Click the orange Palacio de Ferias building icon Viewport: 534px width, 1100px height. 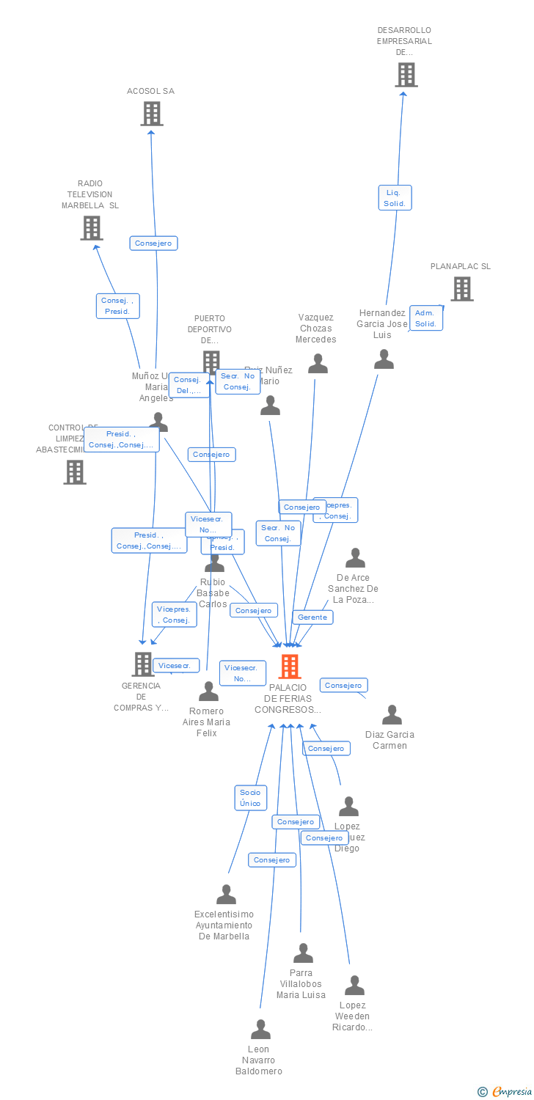[x=290, y=666]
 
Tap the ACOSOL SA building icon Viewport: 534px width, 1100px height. [x=151, y=114]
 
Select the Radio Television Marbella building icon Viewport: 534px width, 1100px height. [x=91, y=228]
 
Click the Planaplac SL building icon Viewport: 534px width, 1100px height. [x=461, y=289]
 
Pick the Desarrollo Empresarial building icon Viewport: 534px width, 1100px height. [x=406, y=75]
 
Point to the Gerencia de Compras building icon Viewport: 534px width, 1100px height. [x=142, y=664]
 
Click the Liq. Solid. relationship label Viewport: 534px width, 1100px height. [x=395, y=198]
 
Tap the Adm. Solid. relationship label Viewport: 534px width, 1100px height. [x=425, y=318]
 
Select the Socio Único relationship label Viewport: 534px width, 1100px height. [x=250, y=797]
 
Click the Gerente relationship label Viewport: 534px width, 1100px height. [x=312, y=617]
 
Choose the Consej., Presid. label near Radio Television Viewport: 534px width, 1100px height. [x=117, y=306]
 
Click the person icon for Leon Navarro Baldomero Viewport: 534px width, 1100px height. [x=260, y=1030]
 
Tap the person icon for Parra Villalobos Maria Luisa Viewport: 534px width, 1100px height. [x=303, y=953]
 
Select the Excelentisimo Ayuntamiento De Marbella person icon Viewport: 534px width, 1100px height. [x=226, y=895]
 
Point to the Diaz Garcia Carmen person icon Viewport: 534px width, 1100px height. [x=392, y=715]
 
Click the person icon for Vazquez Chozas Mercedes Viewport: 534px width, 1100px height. [x=318, y=364]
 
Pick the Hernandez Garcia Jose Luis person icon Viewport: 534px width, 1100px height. [x=384, y=359]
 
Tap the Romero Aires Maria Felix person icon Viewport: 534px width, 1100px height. [x=208, y=692]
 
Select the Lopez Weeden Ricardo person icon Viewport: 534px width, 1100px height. [x=354, y=986]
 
